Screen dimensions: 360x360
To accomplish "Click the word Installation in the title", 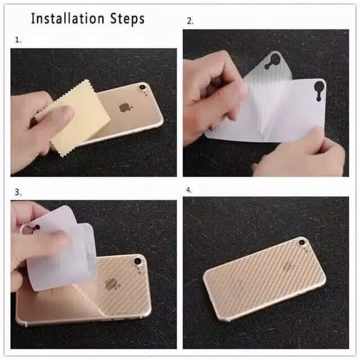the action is click(x=67, y=19).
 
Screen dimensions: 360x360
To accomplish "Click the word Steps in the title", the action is click(x=128, y=19).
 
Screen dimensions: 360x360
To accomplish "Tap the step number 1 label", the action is click(x=18, y=40).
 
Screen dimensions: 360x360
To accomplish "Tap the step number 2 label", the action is click(x=190, y=21).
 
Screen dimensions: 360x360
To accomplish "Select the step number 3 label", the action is click(x=18, y=192).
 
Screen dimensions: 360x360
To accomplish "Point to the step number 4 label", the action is click(x=189, y=190).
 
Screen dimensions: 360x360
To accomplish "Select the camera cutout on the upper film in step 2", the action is click(x=272, y=60).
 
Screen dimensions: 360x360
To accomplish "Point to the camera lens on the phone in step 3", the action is click(x=138, y=261).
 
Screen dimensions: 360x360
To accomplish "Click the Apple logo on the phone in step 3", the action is click(x=110, y=284).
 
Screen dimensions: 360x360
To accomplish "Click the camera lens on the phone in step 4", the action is click(x=301, y=242).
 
